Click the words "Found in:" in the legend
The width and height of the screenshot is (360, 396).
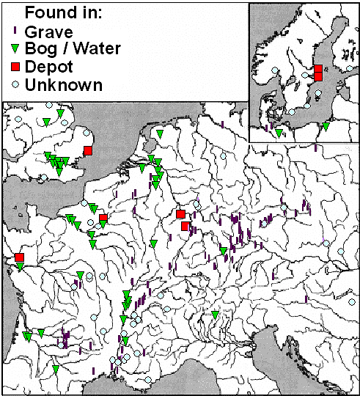click(x=60, y=12)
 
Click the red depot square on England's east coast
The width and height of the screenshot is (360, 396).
click(x=88, y=151)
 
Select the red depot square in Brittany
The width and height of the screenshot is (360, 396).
click(x=19, y=257)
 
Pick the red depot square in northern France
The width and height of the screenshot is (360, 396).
click(x=103, y=218)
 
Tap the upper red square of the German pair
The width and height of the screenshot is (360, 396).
click(x=180, y=214)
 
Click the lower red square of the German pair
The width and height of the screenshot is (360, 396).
click(x=185, y=226)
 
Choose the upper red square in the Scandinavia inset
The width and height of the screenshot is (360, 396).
click(x=318, y=69)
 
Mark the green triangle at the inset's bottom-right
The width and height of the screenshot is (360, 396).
click(x=326, y=126)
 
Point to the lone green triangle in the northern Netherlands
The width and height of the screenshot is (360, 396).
click(x=159, y=134)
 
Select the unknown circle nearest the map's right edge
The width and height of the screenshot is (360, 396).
click(x=341, y=252)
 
